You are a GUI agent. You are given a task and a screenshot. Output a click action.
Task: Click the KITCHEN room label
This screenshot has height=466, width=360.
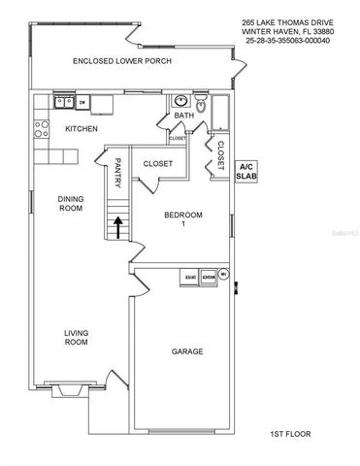(80, 128)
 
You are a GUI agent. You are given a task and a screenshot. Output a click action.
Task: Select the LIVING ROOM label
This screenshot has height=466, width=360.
(76, 337)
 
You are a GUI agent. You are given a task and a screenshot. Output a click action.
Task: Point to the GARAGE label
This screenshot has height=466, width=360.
(187, 351)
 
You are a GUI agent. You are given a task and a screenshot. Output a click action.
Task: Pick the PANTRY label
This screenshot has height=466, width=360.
(117, 174)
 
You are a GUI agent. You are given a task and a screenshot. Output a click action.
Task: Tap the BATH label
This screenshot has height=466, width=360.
(183, 116)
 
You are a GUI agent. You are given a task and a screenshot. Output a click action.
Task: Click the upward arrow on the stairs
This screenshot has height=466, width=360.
(117, 227)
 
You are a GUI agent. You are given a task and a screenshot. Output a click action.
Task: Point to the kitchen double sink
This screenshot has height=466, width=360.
(64, 101)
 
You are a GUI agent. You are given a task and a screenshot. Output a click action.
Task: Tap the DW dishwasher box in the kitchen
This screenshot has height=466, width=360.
(83, 101)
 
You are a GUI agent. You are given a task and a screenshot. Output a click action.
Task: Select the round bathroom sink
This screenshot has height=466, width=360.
(180, 101)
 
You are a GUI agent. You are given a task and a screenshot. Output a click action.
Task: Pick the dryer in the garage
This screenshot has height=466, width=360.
(188, 277)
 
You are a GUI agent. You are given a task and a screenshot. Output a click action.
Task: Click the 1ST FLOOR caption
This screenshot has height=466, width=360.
(288, 434)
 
